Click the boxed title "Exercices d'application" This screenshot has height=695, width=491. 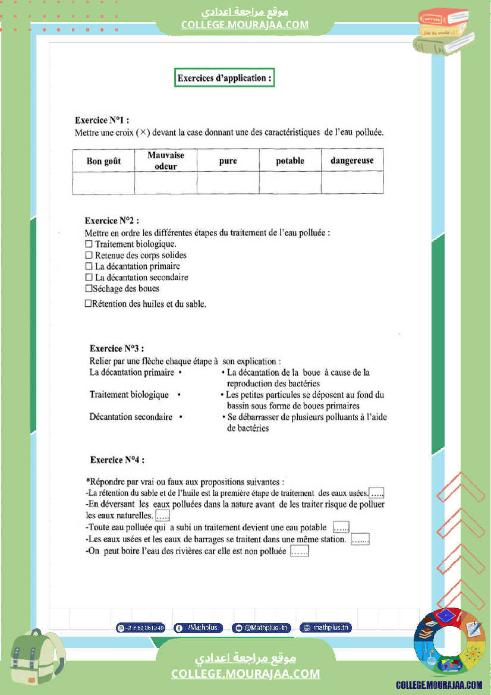pos(224,78)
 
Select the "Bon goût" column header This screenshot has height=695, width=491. pos(103,161)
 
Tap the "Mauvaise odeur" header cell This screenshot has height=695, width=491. pos(166,161)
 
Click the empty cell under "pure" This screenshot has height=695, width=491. pos(228,183)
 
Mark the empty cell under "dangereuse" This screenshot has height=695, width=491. pos(352,183)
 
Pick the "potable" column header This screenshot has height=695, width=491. pos(290,161)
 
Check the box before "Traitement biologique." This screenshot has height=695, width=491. pos(89,244)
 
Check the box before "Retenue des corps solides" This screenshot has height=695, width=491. pos(89,255)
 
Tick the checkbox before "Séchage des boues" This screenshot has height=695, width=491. pos(89,288)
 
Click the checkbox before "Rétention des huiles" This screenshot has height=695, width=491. pos(88,304)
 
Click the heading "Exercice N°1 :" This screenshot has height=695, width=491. pos(102,120)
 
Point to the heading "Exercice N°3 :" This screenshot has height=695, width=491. pos(117,348)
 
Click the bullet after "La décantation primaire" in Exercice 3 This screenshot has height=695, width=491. pos(180,373)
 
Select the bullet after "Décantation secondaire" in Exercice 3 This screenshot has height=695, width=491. pos(181,417)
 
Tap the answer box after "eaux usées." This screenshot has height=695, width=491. pos(376,493)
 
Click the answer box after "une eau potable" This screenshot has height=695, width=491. pos(341,527)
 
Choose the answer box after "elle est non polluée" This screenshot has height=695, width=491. pos(300,552)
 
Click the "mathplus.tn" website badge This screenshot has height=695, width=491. pos(326,627)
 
